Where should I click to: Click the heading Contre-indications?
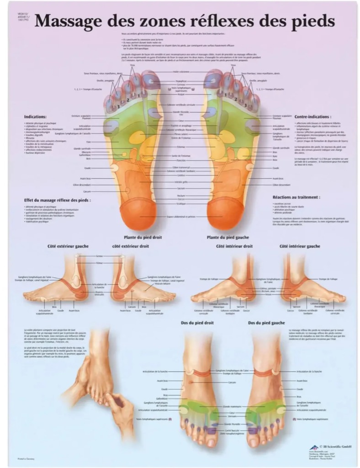[x=313, y=117]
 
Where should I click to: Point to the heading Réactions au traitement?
[x=296, y=197]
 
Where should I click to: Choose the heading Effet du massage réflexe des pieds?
[x=57, y=200]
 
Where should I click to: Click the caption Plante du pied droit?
[x=143, y=237]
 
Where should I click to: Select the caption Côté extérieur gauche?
[x=68, y=246]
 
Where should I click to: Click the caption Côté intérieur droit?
[x=234, y=246]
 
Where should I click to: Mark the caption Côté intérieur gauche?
[x=300, y=246]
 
